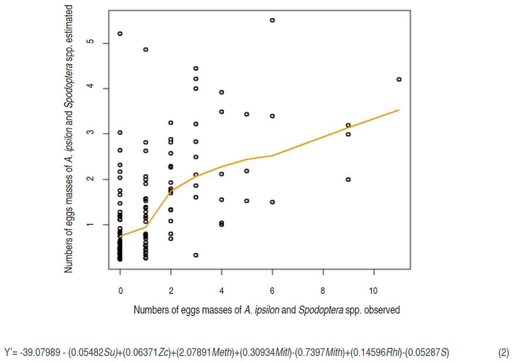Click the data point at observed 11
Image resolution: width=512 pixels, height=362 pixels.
click(399, 79)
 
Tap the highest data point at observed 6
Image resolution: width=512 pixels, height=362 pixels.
click(272, 20)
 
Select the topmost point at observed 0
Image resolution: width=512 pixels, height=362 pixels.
click(120, 33)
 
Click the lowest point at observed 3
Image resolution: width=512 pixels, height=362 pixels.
click(196, 255)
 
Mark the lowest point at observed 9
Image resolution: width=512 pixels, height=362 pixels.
click(348, 180)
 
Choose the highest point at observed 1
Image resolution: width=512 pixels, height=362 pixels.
click(145, 49)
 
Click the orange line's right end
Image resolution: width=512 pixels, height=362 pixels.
click(399, 110)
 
